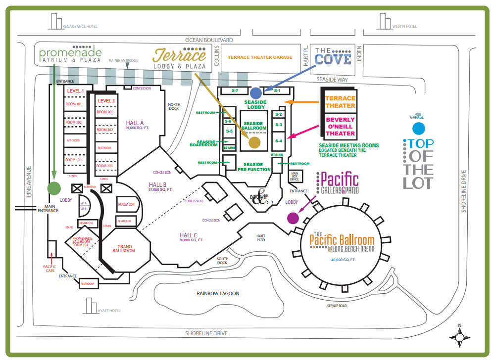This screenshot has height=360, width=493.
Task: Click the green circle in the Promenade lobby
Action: [54, 188]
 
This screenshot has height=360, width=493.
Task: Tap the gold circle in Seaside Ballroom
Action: [254, 142]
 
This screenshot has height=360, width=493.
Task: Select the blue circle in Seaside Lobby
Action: [256, 92]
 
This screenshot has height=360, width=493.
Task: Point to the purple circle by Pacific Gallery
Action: [293, 218]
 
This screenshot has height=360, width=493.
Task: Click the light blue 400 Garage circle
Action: [419, 129]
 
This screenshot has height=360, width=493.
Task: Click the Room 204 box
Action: [126, 204]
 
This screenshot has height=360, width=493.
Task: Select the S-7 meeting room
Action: [235, 91]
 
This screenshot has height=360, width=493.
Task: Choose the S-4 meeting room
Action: [278, 141]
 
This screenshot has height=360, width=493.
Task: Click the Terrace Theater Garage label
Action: [260, 57]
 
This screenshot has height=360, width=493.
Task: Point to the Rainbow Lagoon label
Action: [218, 293]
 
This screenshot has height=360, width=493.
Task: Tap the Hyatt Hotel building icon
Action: [91, 306]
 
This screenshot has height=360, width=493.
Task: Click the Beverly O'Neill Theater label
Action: [340, 127]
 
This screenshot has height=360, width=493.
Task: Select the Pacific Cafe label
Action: [49, 269]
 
